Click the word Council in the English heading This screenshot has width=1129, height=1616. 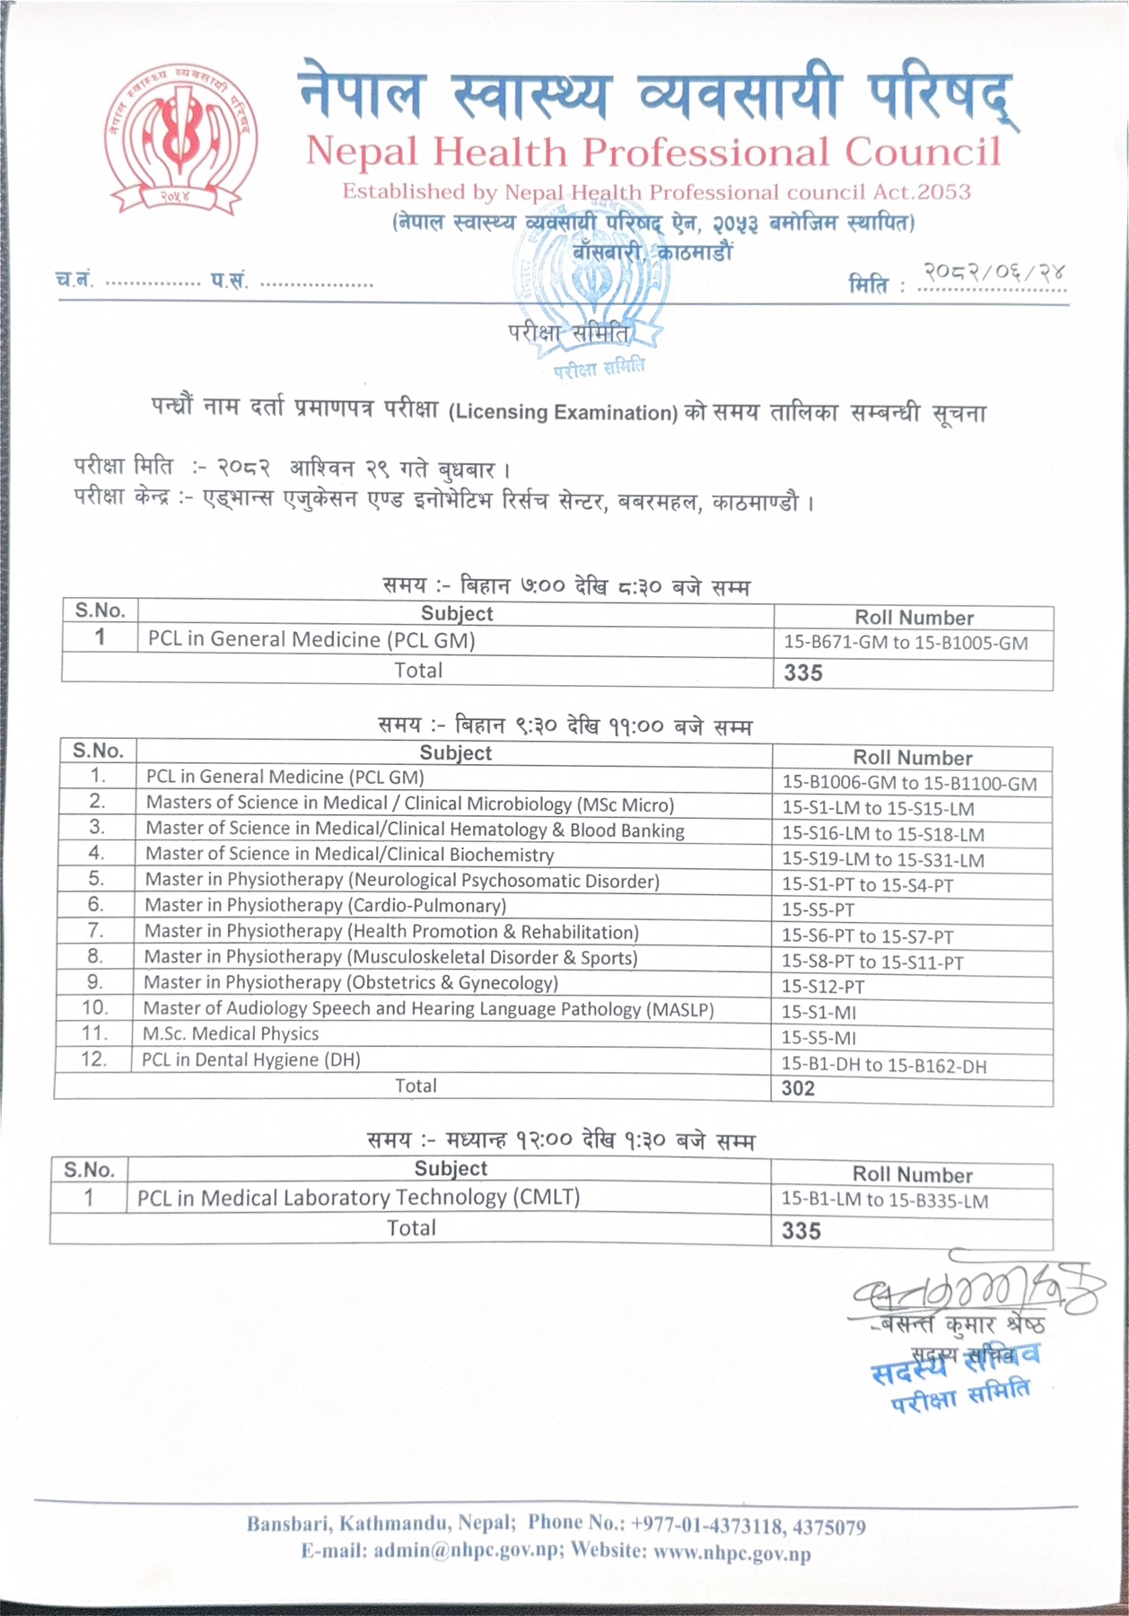(x=922, y=152)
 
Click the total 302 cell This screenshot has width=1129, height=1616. (x=798, y=1089)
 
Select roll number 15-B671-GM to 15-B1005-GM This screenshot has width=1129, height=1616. (x=906, y=643)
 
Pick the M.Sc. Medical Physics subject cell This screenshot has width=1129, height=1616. (x=231, y=1034)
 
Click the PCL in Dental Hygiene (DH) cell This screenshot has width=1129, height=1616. (x=251, y=1060)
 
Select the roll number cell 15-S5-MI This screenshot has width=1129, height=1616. (x=818, y=1039)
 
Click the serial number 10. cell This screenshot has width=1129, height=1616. (x=94, y=1008)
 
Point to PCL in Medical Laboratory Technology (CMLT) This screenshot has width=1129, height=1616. (x=359, y=1198)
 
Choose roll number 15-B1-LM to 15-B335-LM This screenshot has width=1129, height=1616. (x=884, y=1200)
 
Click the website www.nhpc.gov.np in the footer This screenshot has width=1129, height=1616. (x=732, y=1553)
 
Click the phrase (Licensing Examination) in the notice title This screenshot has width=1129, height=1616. (x=563, y=413)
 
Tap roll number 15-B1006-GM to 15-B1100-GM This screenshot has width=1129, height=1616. (x=909, y=784)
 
